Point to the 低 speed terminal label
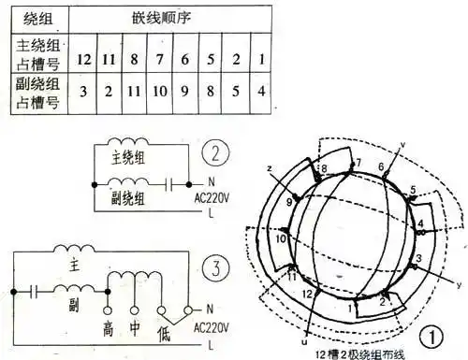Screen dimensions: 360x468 tap(160, 329)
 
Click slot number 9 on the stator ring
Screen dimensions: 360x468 tap(290, 201)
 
